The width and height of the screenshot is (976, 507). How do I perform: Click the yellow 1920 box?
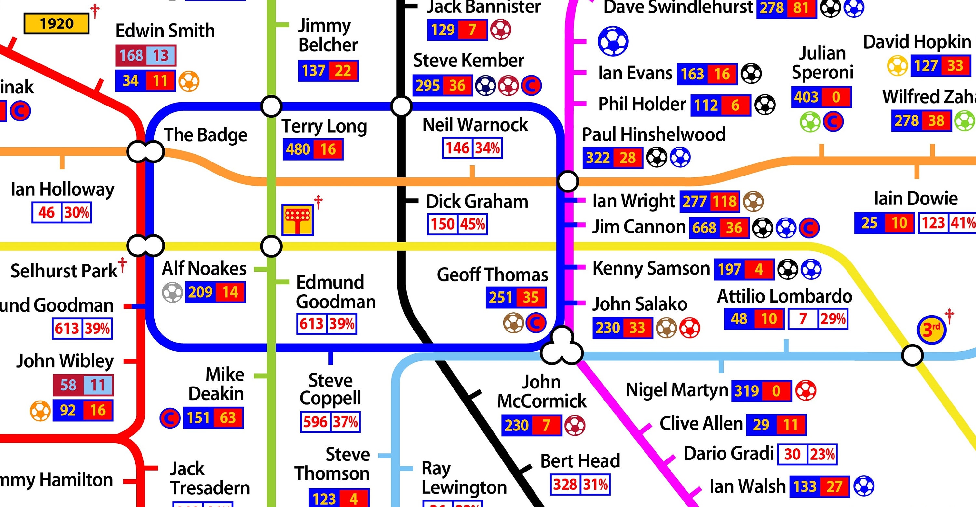tap(57, 23)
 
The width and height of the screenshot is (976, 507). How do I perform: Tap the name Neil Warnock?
tap(475, 125)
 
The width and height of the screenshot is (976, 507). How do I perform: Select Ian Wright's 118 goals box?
tap(725, 201)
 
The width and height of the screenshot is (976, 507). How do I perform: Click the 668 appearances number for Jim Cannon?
tap(704, 228)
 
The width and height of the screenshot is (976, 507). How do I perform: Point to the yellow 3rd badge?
tap(931, 330)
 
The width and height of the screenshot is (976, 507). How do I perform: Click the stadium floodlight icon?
tap(297, 219)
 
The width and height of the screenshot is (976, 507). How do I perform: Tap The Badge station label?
tap(205, 135)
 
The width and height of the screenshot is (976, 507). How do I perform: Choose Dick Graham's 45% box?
tap(472, 224)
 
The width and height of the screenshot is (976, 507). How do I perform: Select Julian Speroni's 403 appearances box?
tap(806, 97)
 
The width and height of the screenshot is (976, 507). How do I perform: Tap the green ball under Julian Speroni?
tap(810, 122)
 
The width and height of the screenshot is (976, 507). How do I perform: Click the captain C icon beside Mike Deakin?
tap(170, 418)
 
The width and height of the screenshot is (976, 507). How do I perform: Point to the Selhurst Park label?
tap(64, 271)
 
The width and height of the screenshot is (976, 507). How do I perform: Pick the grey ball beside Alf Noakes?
tap(172, 292)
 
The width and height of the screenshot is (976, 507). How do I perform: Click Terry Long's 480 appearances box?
tap(298, 149)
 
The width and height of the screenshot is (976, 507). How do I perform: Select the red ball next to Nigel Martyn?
tap(806, 390)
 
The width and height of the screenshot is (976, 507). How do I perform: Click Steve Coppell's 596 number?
tap(315, 422)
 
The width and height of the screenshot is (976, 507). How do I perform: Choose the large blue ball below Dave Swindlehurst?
tap(613, 41)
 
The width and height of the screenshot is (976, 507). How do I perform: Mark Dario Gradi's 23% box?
tap(822, 454)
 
